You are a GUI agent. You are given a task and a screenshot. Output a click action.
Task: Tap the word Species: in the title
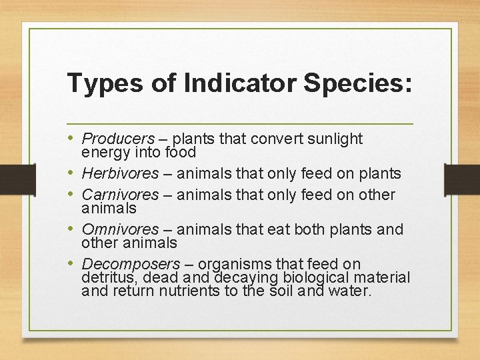point(358,83)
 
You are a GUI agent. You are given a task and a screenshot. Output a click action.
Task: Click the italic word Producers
point(118,139)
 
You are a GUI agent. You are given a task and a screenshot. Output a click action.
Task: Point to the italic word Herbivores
point(120,173)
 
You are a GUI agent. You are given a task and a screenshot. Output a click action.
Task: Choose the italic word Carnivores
point(120,195)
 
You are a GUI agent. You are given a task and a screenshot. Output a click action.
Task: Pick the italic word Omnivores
point(119,229)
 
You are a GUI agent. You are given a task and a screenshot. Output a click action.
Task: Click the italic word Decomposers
point(131,264)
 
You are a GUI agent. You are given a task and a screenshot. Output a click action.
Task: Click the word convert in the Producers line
point(266,139)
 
